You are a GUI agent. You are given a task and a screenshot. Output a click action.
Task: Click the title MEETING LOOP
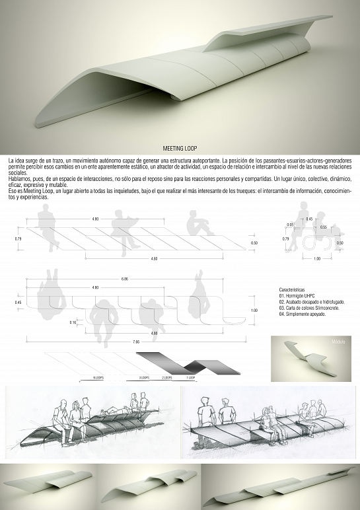tap(180, 149)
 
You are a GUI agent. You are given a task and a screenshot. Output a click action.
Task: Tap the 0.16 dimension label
tap(73, 322)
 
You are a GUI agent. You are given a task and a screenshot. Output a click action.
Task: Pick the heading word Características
tap(293, 290)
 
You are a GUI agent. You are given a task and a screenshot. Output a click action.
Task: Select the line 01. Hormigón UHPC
tap(297, 296)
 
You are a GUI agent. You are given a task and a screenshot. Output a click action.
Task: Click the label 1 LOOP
tap(191, 377)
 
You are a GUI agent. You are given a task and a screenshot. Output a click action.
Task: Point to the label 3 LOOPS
tap(145, 377)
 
